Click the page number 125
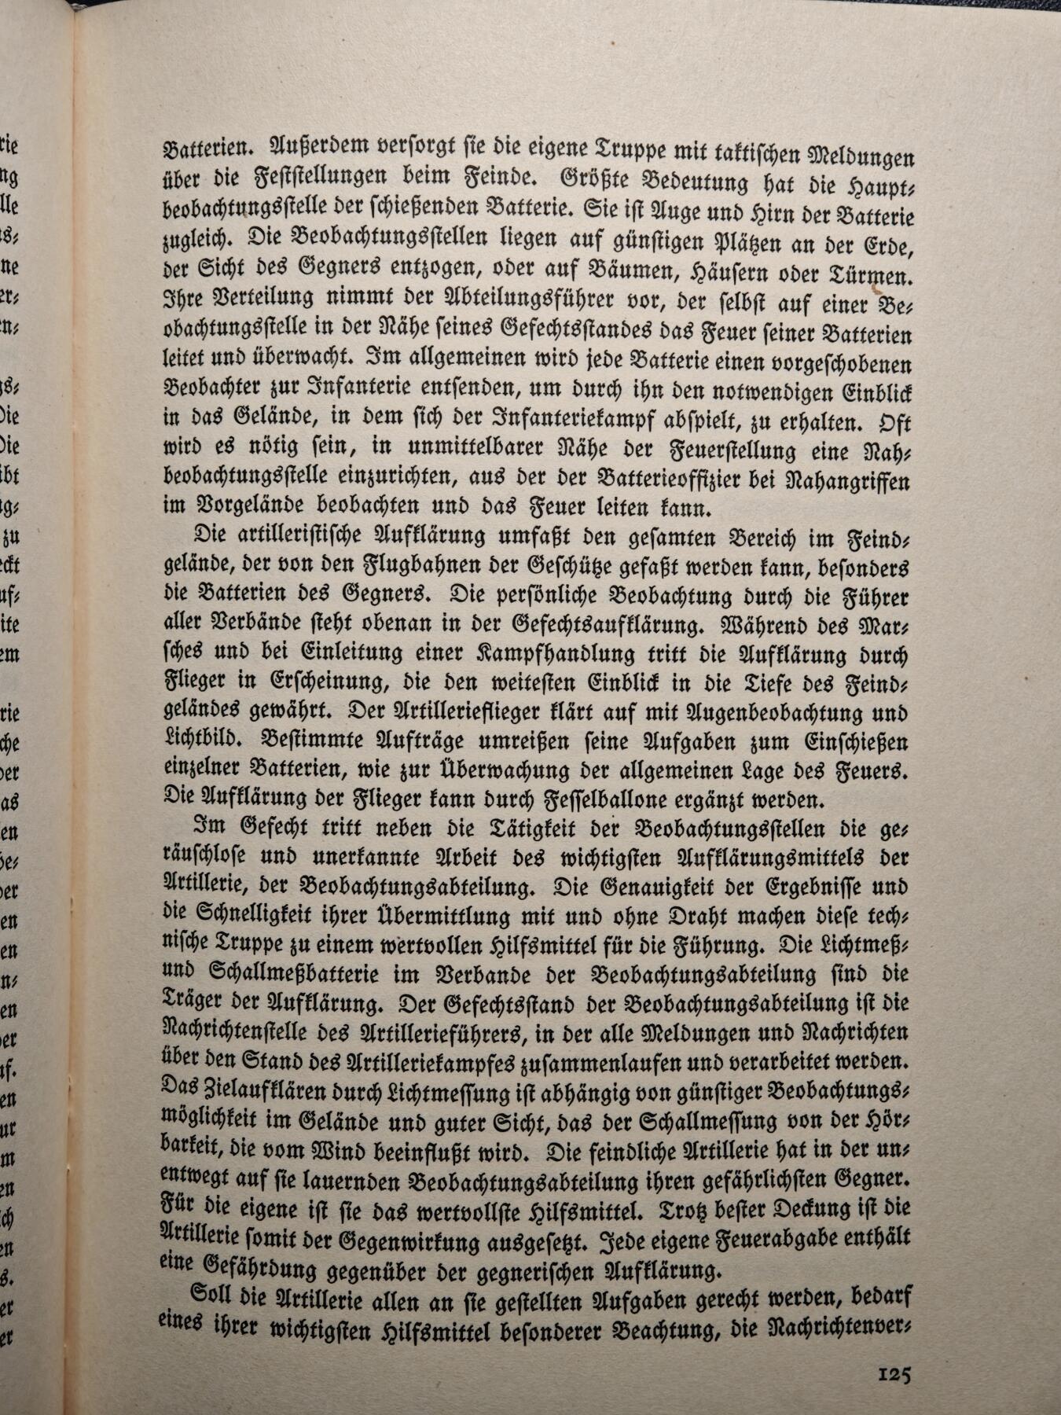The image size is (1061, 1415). [x=894, y=1375]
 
